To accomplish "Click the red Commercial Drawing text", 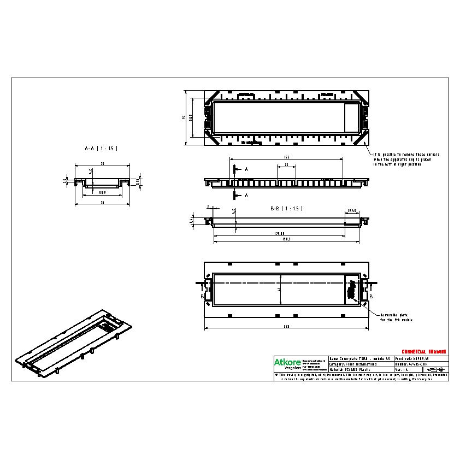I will (424, 351).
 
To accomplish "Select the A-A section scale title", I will (101, 148).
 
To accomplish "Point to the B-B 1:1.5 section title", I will (286, 209).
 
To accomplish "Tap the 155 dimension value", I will (286, 157).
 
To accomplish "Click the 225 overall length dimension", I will (286, 326).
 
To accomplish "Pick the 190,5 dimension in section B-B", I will (286, 239).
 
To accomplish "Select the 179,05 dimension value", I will (279, 234).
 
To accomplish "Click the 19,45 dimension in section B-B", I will (352, 210).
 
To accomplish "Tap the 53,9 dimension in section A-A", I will (102, 192).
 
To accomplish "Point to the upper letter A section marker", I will (246, 169).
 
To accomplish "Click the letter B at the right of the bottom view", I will (371, 296).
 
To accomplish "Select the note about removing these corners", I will (406, 159).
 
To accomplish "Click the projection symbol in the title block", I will (430, 369).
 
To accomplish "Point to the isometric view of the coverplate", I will (74, 343).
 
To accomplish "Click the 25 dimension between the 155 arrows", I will (286, 164).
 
